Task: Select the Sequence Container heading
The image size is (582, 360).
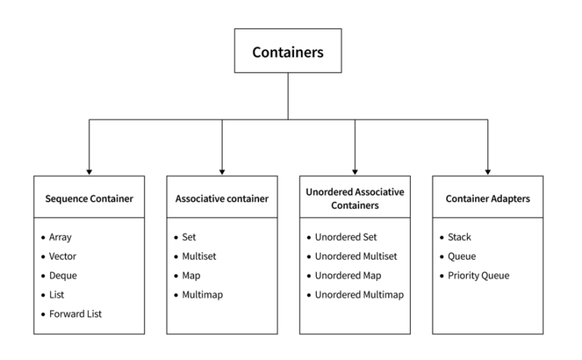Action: [x=89, y=199]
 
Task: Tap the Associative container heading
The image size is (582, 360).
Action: [x=222, y=199]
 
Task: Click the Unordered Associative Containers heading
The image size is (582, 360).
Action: [x=355, y=199]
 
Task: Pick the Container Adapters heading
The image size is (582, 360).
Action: [x=487, y=199]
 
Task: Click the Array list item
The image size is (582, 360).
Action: [x=60, y=237]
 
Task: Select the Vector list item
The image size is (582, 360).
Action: [x=62, y=256]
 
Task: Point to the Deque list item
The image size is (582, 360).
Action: [x=62, y=275]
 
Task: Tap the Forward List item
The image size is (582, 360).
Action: [x=74, y=313]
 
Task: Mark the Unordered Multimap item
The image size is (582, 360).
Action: [x=358, y=294]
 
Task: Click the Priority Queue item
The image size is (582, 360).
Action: [x=478, y=275]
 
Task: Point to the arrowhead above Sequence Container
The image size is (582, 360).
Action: [x=89, y=171]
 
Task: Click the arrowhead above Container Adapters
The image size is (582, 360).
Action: [x=487, y=171]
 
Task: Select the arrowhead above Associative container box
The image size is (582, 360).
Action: [x=222, y=171]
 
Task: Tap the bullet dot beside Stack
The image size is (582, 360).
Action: [x=442, y=237]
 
